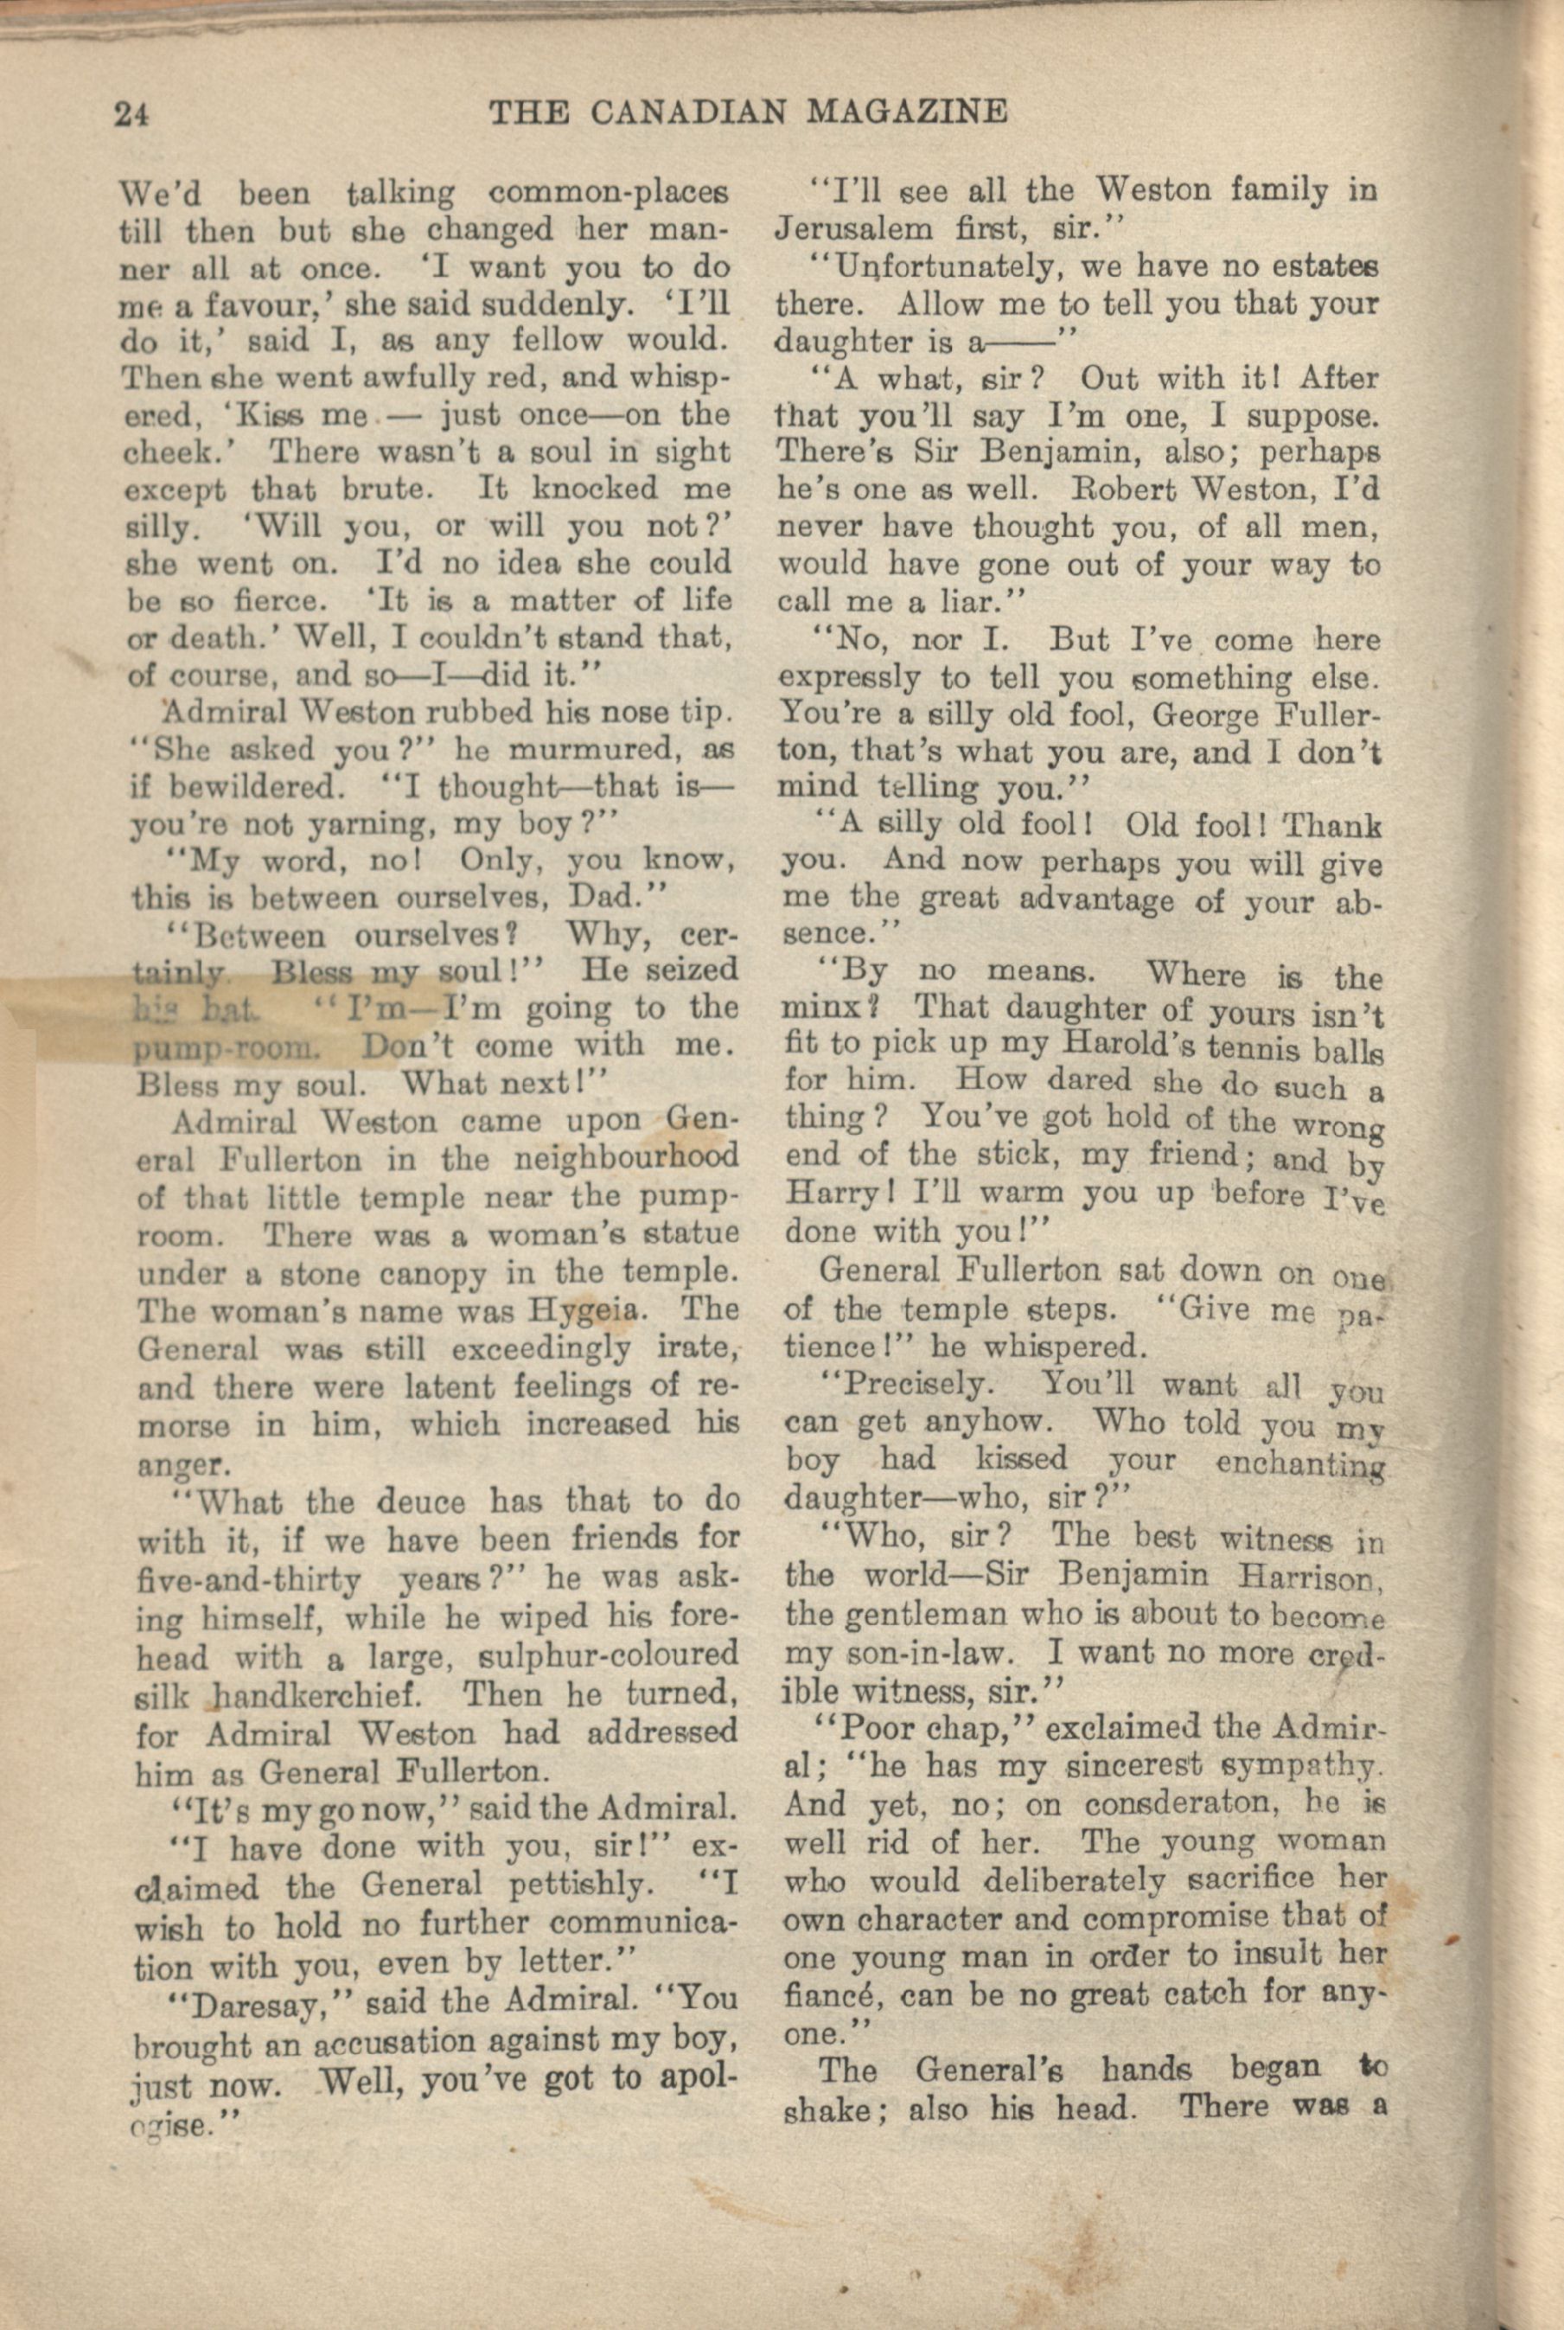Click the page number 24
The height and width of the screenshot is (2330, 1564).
pos(131,114)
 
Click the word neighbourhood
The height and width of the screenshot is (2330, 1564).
pos(625,1159)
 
